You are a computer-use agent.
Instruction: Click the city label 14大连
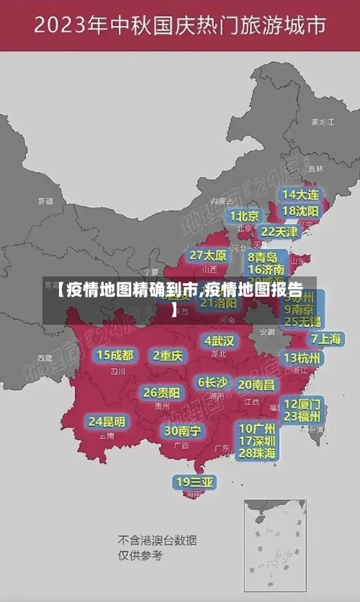coord(300,195)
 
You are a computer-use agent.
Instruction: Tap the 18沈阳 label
coord(300,211)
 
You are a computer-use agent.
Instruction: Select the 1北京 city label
coord(245,216)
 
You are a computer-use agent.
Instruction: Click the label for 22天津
coord(279,232)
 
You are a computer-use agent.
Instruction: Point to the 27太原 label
coord(208,256)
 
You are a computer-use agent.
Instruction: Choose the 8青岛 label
coord(263,257)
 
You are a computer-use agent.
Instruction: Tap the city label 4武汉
coord(219,341)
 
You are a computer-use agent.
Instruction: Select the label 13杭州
coord(302,358)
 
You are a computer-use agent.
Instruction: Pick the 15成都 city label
coord(115,355)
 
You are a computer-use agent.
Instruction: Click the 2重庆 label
coord(168,355)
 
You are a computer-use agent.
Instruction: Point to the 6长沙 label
coord(212,382)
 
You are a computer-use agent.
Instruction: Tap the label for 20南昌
coord(256,385)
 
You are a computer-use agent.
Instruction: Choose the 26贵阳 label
coord(161,392)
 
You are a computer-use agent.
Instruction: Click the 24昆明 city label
coord(107,421)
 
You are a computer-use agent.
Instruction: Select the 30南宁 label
coord(182,431)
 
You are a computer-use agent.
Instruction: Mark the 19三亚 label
coord(194,482)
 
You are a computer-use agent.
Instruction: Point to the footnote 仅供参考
coord(140,555)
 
